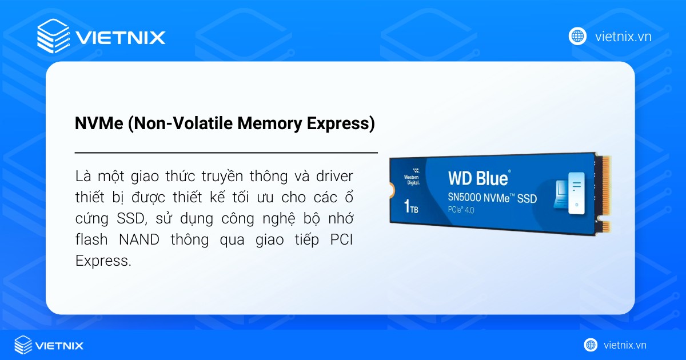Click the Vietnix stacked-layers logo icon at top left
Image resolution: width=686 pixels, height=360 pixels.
click(53, 36)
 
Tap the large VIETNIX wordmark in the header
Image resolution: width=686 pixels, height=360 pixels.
click(121, 38)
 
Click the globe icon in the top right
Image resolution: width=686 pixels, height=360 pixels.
click(577, 37)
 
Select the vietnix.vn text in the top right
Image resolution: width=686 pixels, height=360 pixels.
click(623, 37)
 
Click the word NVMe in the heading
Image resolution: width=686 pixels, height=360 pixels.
click(99, 123)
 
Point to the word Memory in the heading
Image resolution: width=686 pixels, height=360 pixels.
click(270, 123)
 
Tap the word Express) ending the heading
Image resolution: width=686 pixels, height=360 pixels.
click(341, 123)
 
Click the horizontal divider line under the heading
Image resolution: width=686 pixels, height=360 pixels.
click(226, 152)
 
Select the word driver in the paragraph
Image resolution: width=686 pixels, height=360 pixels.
click(334, 177)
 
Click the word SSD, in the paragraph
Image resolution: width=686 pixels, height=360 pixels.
click(132, 218)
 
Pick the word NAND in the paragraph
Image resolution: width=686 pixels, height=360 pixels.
click(139, 239)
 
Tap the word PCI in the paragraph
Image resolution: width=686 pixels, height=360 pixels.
click(341, 239)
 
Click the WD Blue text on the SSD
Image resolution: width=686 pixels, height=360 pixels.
click(478, 178)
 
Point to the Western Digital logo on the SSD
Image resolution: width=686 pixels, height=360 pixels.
click(412, 177)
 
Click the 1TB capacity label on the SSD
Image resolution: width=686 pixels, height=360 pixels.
click(411, 206)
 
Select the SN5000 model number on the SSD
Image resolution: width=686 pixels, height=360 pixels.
click(464, 198)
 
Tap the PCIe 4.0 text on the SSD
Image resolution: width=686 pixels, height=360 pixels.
click(461, 210)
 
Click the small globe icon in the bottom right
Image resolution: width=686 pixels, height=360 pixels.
click(591, 345)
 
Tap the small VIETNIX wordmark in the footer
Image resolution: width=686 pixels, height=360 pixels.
click(59, 346)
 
